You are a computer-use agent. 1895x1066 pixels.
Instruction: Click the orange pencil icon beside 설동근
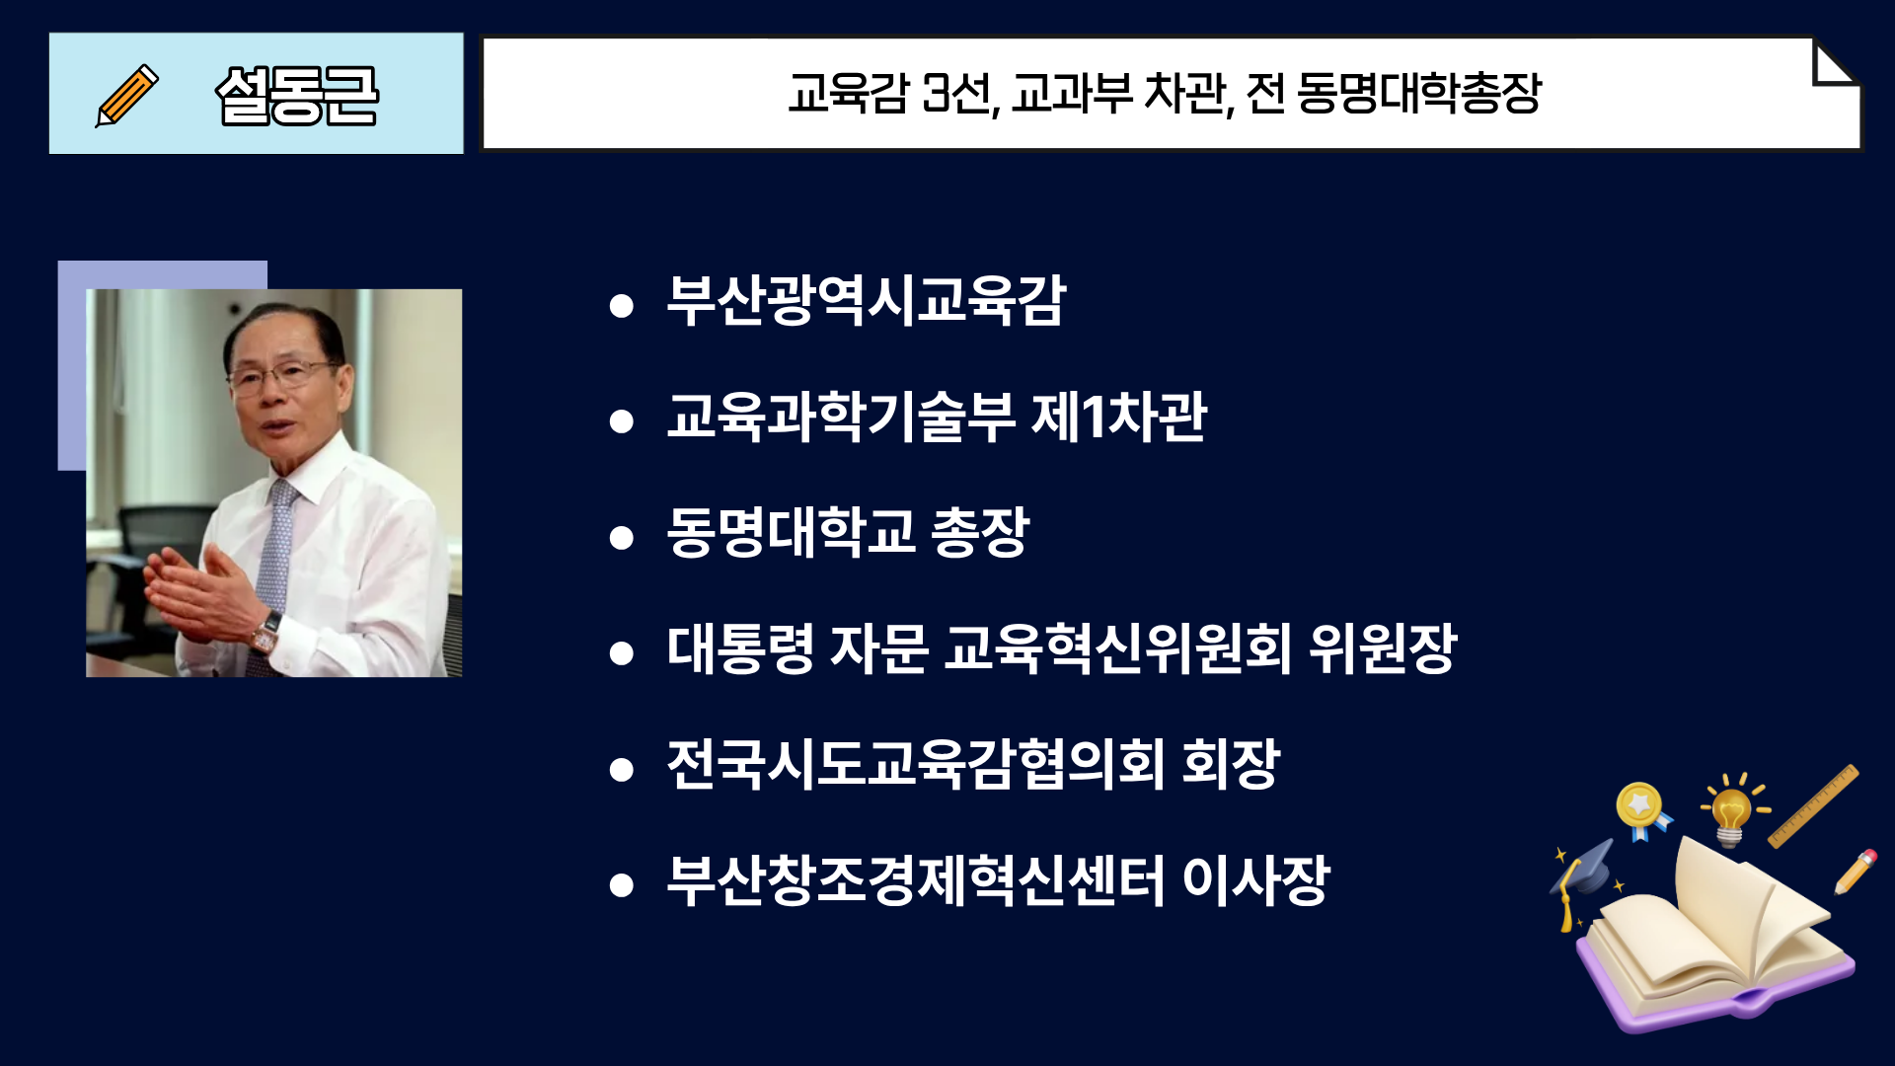tap(126, 95)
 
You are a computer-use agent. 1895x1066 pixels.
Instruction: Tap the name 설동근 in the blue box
tap(297, 96)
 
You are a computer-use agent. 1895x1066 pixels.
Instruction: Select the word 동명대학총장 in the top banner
tap(1418, 93)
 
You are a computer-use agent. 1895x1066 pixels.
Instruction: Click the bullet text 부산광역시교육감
tap(867, 300)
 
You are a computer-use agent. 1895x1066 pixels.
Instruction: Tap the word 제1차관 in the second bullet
tap(1118, 416)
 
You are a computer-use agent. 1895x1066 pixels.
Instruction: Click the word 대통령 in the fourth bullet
tap(740, 648)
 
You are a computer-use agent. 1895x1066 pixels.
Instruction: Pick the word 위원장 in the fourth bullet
tap(1383, 648)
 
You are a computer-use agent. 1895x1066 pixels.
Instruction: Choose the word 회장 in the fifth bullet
tap(1230, 764)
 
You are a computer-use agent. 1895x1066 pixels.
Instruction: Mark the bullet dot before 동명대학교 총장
tap(621, 538)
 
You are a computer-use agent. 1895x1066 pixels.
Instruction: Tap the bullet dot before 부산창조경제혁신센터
tap(621, 885)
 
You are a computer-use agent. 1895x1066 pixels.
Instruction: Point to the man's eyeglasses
tap(281, 375)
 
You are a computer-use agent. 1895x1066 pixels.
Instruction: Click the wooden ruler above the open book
tap(1813, 806)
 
